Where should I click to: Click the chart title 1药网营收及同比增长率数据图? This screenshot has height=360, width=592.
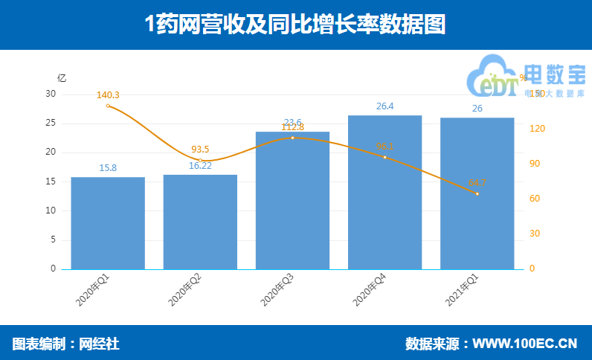tap(295, 24)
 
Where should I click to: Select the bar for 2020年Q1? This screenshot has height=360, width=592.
tap(108, 223)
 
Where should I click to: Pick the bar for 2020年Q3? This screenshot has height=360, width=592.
tap(292, 201)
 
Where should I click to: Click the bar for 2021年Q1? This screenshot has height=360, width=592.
tap(477, 193)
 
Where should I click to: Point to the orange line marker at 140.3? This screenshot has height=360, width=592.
tap(108, 106)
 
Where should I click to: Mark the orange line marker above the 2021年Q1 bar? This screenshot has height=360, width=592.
tap(477, 194)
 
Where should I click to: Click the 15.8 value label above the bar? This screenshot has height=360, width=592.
tap(108, 168)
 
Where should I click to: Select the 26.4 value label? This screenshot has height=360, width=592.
tap(385, 106)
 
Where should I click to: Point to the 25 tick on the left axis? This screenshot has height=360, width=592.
tap(51, 123)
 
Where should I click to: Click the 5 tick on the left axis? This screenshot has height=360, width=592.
tap(53, 240)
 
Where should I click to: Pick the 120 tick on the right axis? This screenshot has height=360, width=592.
tap(536, 129)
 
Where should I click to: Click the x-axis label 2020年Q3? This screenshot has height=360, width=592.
tap(277, 290)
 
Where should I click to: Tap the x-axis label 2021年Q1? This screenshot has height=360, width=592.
tap(462, 290)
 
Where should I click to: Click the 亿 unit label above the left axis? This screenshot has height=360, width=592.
tap(62, 77)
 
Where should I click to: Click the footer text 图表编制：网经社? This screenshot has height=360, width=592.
tap(66, 344)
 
